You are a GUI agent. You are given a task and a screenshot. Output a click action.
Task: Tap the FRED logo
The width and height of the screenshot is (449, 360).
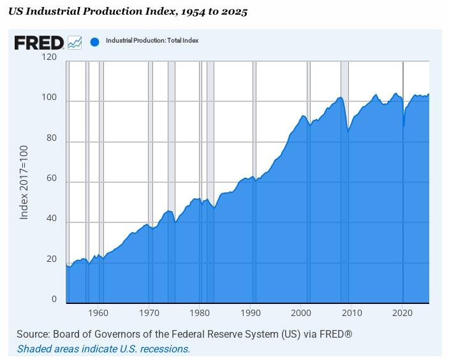pyautogui.click(x=39, y=43)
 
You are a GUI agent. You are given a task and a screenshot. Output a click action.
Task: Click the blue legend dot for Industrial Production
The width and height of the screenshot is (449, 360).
pyautogui.click(x=94, y=42)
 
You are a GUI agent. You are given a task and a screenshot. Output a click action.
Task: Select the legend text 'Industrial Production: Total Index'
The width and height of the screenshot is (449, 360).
pyautogui.click(x=152, y=41)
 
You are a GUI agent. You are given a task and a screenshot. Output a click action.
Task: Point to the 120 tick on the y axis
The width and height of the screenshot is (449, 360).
pyautogui.click(x=49, y=57)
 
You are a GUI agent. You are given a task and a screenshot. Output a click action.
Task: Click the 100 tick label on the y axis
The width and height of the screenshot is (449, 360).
pyautogui.click(x=49, y=98)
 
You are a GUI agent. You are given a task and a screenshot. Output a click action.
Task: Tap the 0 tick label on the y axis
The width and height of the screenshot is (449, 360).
pyautogui.click(x=54, y=299)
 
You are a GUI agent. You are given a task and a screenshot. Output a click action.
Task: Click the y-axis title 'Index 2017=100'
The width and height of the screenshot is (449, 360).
pyautogui.click(x=24, y=182)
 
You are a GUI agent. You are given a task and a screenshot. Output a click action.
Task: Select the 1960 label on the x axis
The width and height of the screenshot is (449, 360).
pyautogui.click(x=98, y=313)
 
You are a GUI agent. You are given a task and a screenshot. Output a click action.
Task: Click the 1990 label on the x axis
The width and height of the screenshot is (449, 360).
pyautogui.click(x=251, y=313)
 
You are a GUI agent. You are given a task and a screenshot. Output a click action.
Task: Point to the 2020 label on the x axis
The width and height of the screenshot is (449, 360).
pyautogui.click(x=402, y=313)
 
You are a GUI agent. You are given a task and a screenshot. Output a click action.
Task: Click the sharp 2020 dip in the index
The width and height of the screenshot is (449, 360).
pyautogui.click(x=404, y=125)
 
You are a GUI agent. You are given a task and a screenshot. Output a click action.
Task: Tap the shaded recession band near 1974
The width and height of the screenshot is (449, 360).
pyautogui.click(x=171, y=127)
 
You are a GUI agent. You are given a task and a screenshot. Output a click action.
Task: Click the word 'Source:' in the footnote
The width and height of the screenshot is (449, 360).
pyautogui.click(x=33, y=335)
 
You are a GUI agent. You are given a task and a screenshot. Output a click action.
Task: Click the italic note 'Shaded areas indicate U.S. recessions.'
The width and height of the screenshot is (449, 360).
pyautogui.click(x=103, y=349)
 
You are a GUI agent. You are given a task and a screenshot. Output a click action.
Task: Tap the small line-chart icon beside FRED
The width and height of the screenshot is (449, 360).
pyautogui.click(x=75, y=43)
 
